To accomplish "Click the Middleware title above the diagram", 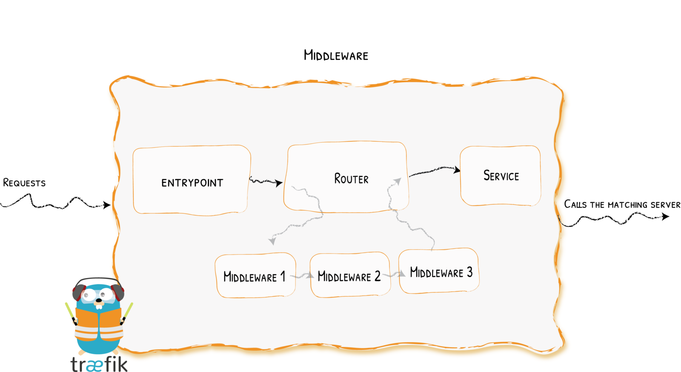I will click(x=336, y=55).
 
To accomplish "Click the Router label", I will click(x=351, y=179).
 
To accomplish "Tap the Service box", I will click(x=501, y=176).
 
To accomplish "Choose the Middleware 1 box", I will click(x=255, y=276).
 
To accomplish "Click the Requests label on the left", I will click(x=24, y=183).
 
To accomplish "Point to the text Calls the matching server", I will click(x=622, y=205).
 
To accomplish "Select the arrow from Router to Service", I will click(x=434, y=171).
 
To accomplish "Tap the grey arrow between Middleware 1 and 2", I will click(x=303, y=276).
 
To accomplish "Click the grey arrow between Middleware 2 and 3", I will click(x=395, y=275).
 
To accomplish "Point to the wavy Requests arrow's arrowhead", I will click(x=107, y=205).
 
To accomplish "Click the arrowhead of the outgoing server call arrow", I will click(x=665, y=217).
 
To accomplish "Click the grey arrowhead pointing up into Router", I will click(x=398, y=181).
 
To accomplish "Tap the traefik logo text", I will click(x=99, y=364).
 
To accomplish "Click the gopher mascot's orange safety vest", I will click(x=99, y=326).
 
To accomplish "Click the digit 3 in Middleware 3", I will click(x=469, y=272).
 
